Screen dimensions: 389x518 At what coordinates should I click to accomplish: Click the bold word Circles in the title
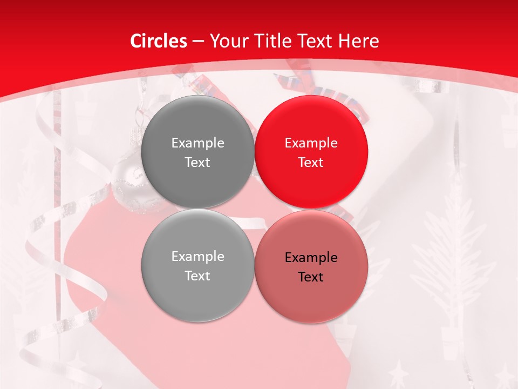pos(158,41)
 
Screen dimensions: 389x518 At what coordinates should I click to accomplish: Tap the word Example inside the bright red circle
pos(311,143)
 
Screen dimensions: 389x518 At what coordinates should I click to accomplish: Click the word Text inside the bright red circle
pos(311,162)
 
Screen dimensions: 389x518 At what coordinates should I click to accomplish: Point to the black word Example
pos(311,258)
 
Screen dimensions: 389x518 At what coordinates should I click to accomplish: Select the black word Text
pos(311,277)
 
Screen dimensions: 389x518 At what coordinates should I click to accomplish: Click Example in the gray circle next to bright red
pos(197,143)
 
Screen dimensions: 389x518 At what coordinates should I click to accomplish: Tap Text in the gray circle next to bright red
pos(197,162)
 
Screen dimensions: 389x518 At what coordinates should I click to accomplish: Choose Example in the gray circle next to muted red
pos(197,257)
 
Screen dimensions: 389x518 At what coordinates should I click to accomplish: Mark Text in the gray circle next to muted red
pos(197,276)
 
